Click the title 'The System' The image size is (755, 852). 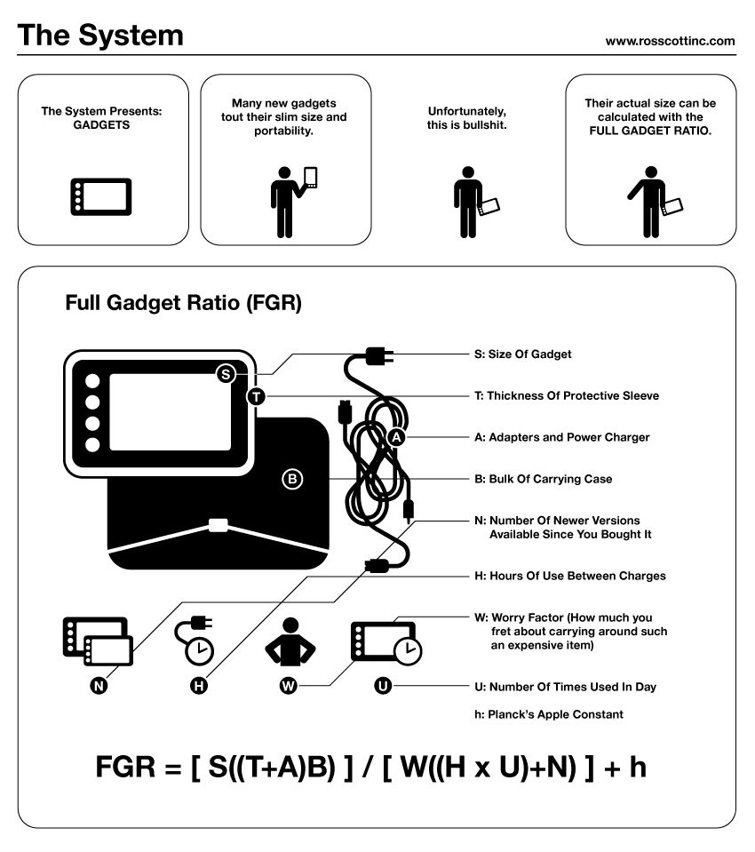[x=100, y=36]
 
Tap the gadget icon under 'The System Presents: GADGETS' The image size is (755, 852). [x=101, y=196]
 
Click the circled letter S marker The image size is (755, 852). [x=226, y=374]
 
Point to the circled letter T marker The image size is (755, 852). [x=257, y=396]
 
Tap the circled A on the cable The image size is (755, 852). [x=397, y=437]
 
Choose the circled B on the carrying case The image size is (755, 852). [x=292, y=479]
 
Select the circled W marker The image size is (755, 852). [x=287, y=686]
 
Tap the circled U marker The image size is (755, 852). [x=382, y=686]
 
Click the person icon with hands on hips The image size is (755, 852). [x=286, y=642]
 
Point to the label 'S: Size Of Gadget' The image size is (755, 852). [x=522, y=354]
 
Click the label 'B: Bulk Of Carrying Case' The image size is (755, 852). [x=543, y=479]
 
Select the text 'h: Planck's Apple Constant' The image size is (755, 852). [x=548, y=714]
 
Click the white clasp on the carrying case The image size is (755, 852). [x=218, y=524]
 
